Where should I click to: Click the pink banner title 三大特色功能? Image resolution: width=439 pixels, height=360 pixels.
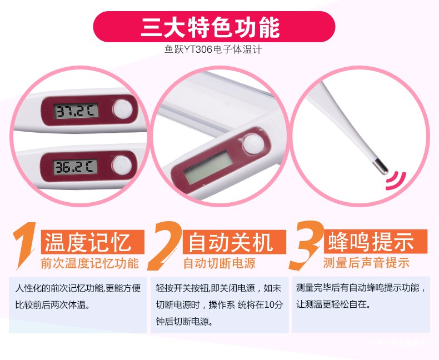211,27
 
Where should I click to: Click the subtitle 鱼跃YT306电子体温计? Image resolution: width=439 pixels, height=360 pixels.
213,50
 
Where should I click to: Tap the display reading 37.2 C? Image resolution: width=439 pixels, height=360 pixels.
76,111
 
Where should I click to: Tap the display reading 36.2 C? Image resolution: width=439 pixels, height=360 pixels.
76,167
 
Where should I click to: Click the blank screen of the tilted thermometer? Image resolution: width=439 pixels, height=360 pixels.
207,167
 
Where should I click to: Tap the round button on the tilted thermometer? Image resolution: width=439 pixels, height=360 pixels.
253,144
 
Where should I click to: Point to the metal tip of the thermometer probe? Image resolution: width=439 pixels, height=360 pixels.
381,166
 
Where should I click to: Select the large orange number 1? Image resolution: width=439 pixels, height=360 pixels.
24,245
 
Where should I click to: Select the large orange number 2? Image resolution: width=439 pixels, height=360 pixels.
165,246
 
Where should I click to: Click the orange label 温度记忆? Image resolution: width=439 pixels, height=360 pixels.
88,242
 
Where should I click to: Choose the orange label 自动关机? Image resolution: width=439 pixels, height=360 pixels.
230,242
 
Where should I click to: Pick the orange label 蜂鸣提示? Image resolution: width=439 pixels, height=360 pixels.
371,241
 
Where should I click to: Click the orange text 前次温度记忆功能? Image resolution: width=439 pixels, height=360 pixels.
90,263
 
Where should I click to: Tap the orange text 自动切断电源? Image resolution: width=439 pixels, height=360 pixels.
219,263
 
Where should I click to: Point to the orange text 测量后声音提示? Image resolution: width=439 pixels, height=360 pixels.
366,263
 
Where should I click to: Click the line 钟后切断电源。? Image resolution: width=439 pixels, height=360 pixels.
184,321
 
